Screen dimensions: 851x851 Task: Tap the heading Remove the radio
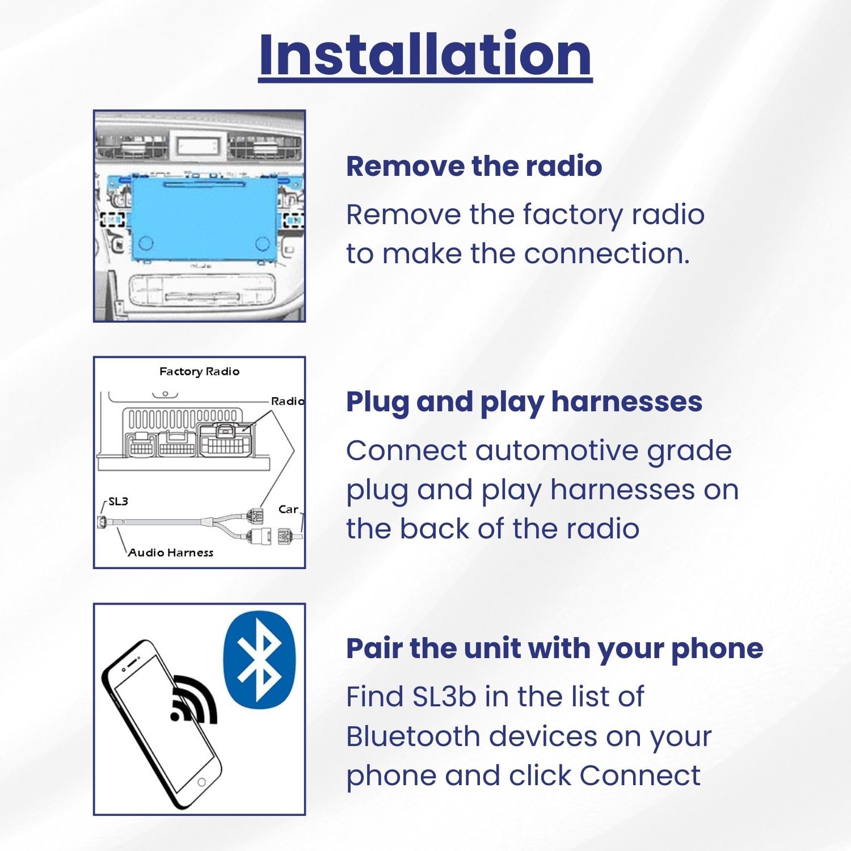point(474,166)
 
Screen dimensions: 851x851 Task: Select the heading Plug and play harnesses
point(524,402)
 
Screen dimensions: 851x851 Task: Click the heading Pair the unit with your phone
point(554,648)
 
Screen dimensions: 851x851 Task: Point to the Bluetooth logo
point(260,659)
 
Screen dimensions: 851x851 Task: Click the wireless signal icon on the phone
point(193,701)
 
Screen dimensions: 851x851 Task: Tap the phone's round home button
point(201,782)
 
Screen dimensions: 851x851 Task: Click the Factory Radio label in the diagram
point(199,372)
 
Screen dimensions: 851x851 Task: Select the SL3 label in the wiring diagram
point(118,502)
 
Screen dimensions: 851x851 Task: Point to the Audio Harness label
point(170,553)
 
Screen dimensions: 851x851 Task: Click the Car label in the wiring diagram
point(288,509)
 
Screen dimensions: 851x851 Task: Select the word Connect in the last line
point(639,776)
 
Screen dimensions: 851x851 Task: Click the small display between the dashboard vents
point(197,146)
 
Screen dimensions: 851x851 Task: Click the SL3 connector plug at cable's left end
point(103,522)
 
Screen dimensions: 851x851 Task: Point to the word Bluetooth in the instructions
point(413,736)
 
